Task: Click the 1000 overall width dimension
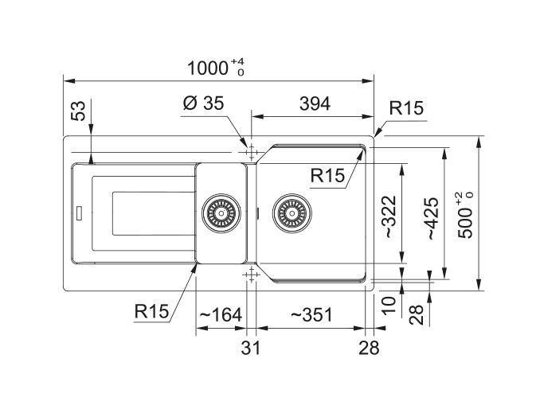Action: click(x=207, y=68)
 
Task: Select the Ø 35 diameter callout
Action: click(x=203, y=103)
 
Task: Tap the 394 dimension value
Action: click(x=315, y=103)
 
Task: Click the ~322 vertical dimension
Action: click(x=390, y=216)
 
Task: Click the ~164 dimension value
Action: click(x=221, y=315)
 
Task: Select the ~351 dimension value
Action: click(x=311, y=315)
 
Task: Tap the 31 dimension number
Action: click(x=251, y=348)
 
